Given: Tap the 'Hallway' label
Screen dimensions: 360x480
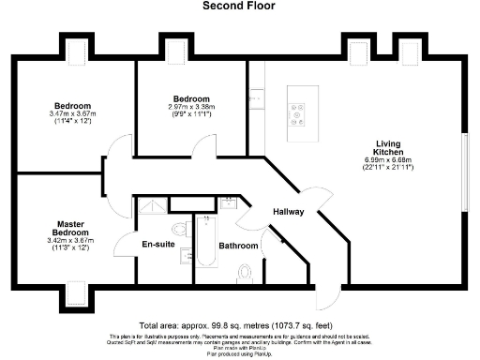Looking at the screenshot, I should click(288, 212).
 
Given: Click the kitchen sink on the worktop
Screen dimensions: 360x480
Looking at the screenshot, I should click(254, 97).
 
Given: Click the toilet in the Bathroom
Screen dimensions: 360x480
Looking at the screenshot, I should click(246, 272).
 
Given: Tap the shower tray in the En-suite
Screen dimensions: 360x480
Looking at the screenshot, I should click(150, 206).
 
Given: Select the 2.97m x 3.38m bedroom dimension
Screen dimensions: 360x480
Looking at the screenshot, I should click(191, 109).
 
